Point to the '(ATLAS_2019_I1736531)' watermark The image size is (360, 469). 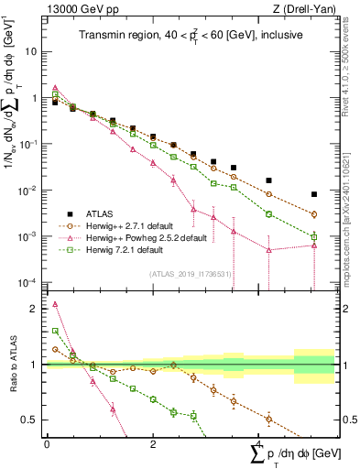pyautogui.click(x=190, y=273)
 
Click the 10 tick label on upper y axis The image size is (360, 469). pyautogui.click(x=32, y=51)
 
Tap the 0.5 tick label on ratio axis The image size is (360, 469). pyautogui.click(x=31, y=420)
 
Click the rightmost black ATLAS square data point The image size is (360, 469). pyautogui.click(x=314, y=194)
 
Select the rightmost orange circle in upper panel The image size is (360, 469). pyautogui.click(x=314, y=214)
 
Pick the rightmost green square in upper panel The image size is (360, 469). pyautogui.click(x=314, y=236)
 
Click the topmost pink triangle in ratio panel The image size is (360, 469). pyautogui.click(x=55, y=304)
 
